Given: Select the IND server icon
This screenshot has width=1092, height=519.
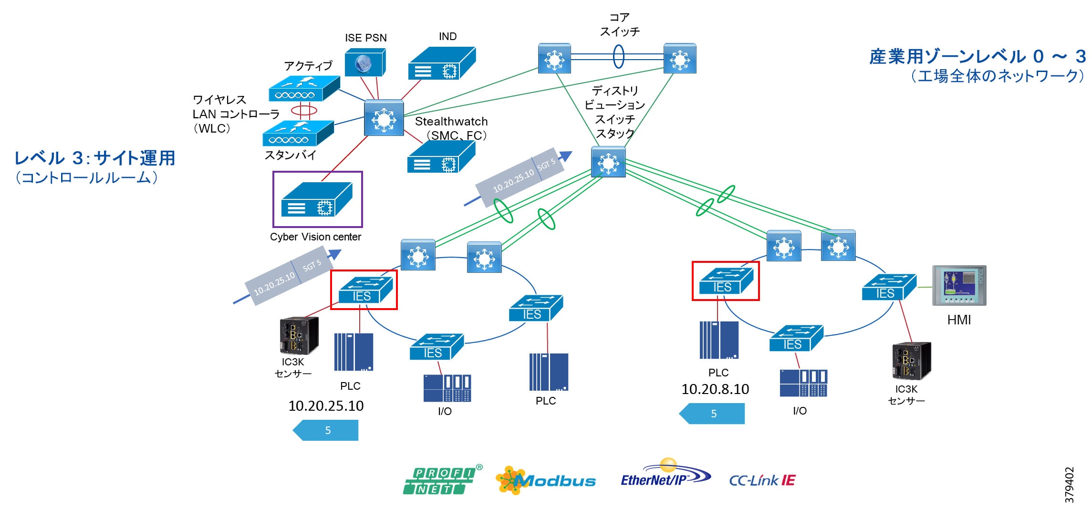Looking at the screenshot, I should pyautogui.click(x=441, y=64).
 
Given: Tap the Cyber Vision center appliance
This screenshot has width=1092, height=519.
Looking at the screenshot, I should pyautogui.click(x=317, y=200).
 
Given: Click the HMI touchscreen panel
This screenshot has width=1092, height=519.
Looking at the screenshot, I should pyautogui.click(x=959, y=285).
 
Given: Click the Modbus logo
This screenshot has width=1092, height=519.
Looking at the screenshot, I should pyautogui.click(x=546, y=480).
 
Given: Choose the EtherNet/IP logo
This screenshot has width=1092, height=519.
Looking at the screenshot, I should pyautogui.click(x=665, y=475).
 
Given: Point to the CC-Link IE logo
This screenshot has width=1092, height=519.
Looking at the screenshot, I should pyautogui.click(x=762, y=480).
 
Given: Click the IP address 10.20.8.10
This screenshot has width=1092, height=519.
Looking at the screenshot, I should pyautogui.click(x=715, y=389).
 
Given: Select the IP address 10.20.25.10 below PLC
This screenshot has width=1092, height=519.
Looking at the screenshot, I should pyautogui.click(x=326, y=406).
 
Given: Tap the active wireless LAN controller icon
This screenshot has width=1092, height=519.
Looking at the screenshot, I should pyautogui.click(x=303, y=89).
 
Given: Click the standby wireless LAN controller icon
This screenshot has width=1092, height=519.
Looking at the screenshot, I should pyautogui.click(x=298, y=133).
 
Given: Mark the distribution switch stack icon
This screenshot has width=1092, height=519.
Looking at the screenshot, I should pyautogui.click(x=608, y=162).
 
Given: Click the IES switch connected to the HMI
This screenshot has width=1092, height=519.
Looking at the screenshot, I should pyautogui.click(x=889, y=287).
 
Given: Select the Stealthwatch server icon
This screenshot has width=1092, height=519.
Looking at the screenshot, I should pyautogui.click(x=441, y=158).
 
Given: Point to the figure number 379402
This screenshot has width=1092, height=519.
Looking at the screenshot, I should pyautogui.click(x=1069, y=485).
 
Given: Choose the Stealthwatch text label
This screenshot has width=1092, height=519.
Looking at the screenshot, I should pyautogui.click(x=451, y=122).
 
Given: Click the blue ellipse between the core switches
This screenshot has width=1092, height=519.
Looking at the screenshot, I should pyautogui.click(x=618, y=57).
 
